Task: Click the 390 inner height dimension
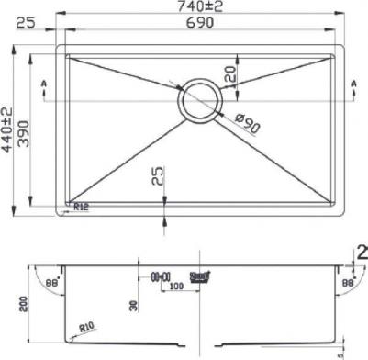[25, 129]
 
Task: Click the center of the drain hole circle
[200, 99]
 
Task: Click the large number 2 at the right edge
[361, 253]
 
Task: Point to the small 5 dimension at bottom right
[340, 352]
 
